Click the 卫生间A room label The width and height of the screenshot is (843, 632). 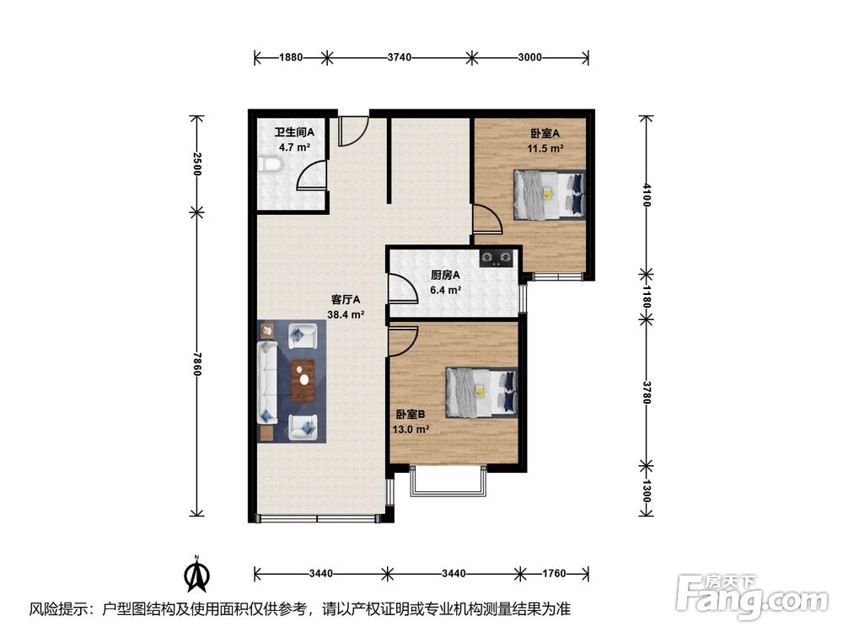coord(294,132)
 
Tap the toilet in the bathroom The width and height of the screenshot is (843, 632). coord(269,165)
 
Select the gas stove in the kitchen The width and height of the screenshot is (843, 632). coord(497,259)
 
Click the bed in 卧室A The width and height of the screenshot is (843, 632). coord(549,195)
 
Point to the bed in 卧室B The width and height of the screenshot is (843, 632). coord(481,393)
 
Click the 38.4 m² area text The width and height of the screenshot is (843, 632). coord(346,315)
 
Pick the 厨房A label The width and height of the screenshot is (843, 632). coord(445,276)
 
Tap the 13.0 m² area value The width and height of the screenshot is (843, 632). coord(411,430)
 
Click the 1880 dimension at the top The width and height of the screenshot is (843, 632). coord(291,57)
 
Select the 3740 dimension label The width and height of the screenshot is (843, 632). coord(400,57)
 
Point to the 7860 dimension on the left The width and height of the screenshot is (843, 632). coord(196,364)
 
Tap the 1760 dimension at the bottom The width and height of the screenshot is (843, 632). coord(554,573)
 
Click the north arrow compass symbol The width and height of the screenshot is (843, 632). coord(196,574)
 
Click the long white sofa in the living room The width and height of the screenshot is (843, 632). coord(267,382)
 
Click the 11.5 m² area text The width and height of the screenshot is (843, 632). coord(545,148)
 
